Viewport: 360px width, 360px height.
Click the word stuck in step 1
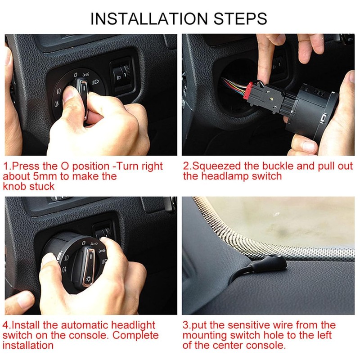(42, 186)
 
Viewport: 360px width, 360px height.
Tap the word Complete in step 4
(135, 335)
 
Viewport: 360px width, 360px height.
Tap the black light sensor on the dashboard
(276, 261)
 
